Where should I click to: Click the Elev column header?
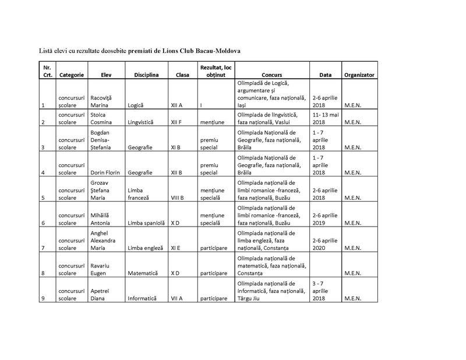[105, 75]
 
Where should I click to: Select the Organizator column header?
[359, 75]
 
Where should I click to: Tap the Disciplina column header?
[146, 75]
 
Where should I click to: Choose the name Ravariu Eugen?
[104, 269]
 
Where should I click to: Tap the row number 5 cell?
[43, 198]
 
